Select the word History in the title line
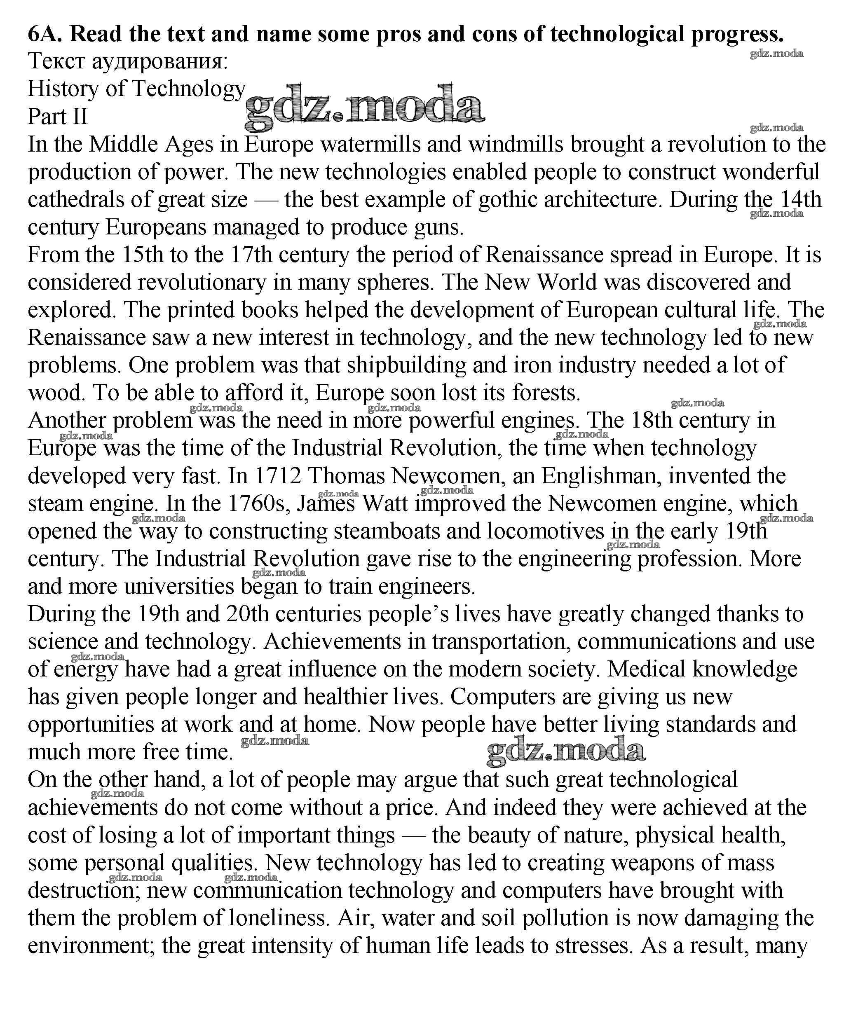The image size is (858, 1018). pos(63,89)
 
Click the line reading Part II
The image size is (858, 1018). pos(58,117)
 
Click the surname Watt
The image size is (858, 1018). pos(385,504)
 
